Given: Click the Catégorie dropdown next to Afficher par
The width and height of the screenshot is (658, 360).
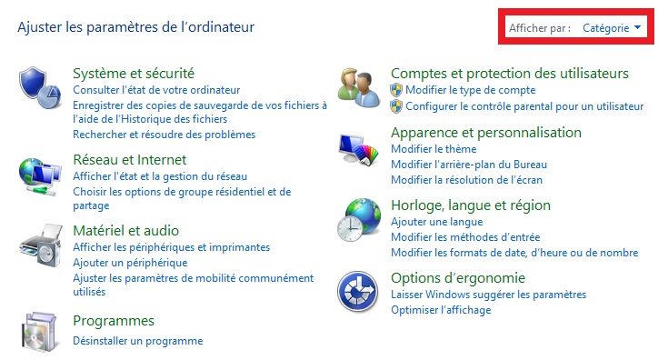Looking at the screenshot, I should click(x=611, y=28).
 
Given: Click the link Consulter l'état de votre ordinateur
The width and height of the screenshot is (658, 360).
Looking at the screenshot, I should click(x=156, y=90).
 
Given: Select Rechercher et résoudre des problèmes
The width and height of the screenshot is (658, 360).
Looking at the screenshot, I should click(x=164, y=135).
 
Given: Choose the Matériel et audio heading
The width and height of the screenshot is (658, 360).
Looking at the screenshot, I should click(x=125, y=230).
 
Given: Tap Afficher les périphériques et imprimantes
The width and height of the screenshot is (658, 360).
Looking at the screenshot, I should click(x=171, y=247).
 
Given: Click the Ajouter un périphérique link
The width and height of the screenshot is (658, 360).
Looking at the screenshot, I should click(x=130, y=263).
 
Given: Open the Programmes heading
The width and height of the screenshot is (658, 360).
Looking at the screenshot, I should click(x=114, y=321).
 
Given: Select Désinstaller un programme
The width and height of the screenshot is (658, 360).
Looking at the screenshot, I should click(x=137, y=341).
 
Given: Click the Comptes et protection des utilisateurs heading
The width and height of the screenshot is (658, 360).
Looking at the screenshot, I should click(x=510, y=73).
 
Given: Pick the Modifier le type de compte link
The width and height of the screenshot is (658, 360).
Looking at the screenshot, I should click(x=470, y=90).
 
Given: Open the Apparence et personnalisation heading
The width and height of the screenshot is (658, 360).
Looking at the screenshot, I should click(x=485, y=132).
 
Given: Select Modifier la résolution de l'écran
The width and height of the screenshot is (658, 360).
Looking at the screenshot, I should click(x=466, y=180).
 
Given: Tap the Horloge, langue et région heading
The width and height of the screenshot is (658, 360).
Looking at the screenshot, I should click(x=470, y=205).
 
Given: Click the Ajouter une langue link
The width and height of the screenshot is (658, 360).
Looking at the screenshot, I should click(x=436, y=222).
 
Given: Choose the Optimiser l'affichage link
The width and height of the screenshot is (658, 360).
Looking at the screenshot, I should click(x=441, y=310).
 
